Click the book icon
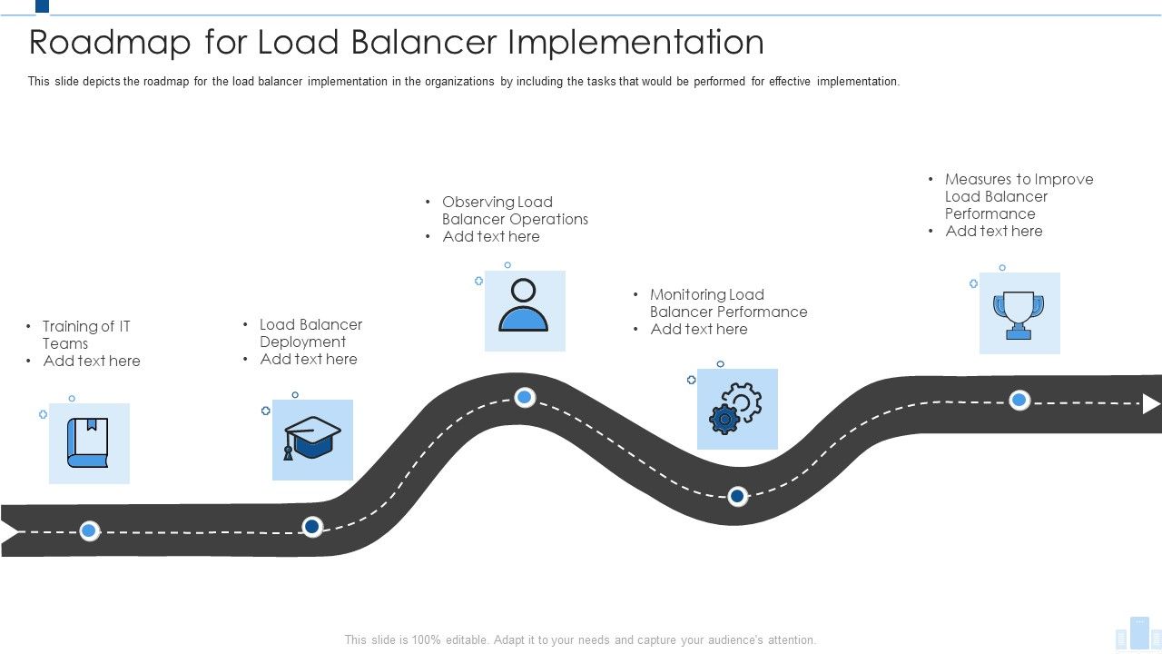tap(88, 443)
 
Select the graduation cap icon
tap(312, 439)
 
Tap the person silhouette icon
tap(524, 306)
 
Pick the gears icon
tap(736, 409)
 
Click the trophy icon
tap(1019, 314)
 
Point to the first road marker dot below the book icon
tap(89, 530)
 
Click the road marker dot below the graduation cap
tap(312, 527)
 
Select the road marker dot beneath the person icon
tap(525, 397)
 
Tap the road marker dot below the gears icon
tap(738, 496)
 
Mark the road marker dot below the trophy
tap(1019, 400)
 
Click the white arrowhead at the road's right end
tap(1150, 404)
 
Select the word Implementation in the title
tap(635, 43)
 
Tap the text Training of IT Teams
tap(86, 334)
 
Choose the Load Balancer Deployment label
tap(310, 332)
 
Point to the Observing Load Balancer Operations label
tap(514, 211)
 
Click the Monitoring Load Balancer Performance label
tap(727, 303)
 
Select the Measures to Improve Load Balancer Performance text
tap(1018, 196)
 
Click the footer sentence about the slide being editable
tap(580, 639)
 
